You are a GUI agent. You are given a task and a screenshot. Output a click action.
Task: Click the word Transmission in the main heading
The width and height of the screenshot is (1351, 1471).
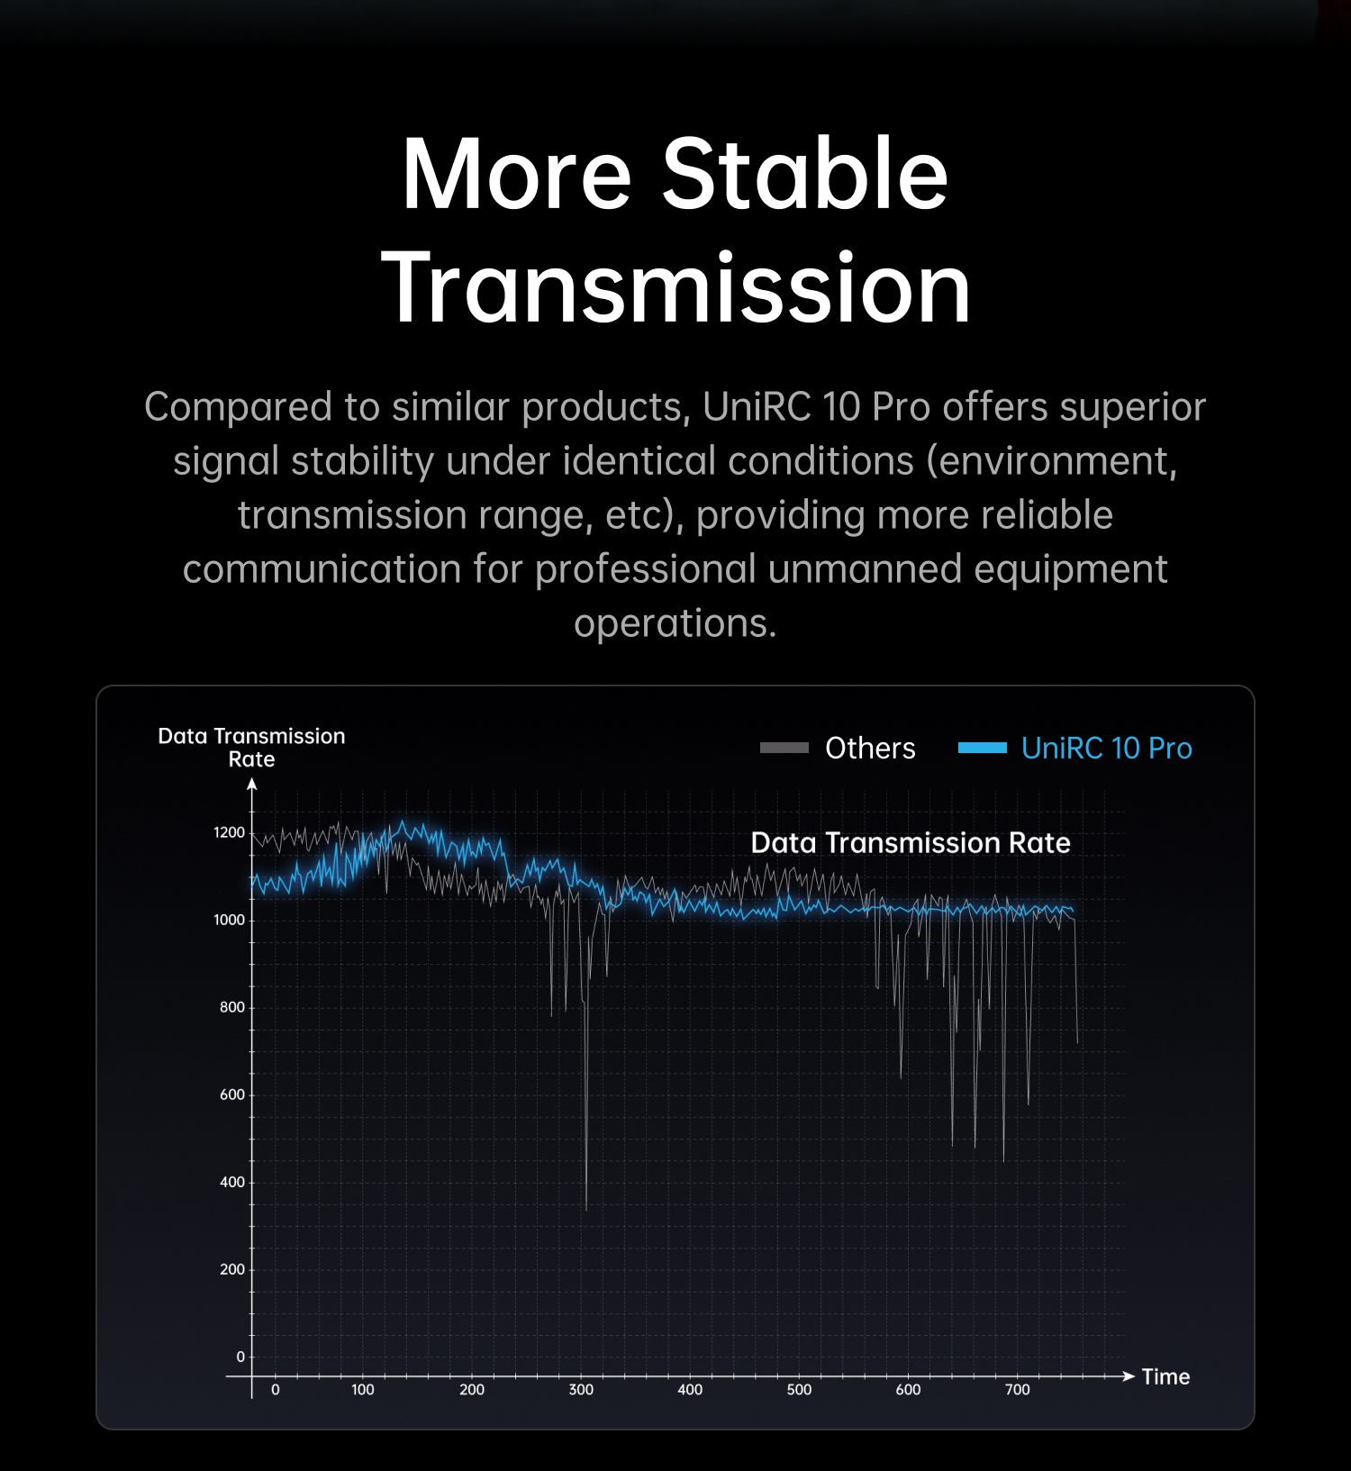[675, 287]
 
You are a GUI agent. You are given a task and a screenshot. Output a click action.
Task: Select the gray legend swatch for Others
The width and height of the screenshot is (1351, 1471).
[784, 748]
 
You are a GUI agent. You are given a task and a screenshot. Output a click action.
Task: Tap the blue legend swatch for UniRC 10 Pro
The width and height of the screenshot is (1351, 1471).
[982, 748]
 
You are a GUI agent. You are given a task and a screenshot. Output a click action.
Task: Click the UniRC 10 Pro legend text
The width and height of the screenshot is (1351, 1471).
[1106, 748]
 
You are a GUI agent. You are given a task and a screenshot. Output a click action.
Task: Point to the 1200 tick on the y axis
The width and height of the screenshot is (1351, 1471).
[229, 832]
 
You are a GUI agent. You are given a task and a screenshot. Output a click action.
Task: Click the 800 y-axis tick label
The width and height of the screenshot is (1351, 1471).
[232, 1007]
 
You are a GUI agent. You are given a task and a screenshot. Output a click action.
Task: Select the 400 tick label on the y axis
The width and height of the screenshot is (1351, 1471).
[232, 1182]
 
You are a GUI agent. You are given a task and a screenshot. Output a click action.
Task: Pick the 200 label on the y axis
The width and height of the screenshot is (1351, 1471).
[232, 1269]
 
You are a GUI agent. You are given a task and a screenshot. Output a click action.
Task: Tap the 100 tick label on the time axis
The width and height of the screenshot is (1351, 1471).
[363, 1389]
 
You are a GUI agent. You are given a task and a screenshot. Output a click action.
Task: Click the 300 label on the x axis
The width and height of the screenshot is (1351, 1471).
[581, 1389]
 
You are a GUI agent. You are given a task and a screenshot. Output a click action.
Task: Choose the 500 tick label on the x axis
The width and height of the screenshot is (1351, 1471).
[799, 1389]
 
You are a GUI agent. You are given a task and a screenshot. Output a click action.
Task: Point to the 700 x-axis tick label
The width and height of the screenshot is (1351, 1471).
[1017, 1389]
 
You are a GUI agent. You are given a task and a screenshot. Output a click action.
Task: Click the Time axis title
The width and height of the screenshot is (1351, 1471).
[1165, 1376]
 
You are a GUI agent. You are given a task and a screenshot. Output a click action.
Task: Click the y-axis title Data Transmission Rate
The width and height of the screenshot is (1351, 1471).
[251, 748]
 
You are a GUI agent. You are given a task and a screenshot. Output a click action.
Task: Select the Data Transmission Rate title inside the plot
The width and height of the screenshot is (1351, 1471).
[911, 842]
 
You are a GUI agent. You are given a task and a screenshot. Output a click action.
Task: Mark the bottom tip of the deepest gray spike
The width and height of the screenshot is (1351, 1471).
[586, 1211]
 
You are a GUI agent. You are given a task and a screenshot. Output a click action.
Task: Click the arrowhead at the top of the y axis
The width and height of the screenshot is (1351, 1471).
[252, 785]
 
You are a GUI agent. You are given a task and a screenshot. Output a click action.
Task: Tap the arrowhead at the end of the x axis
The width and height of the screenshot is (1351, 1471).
[1129, 1376]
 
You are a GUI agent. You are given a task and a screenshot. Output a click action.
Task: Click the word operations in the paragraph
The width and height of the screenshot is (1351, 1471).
[675, 623]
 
